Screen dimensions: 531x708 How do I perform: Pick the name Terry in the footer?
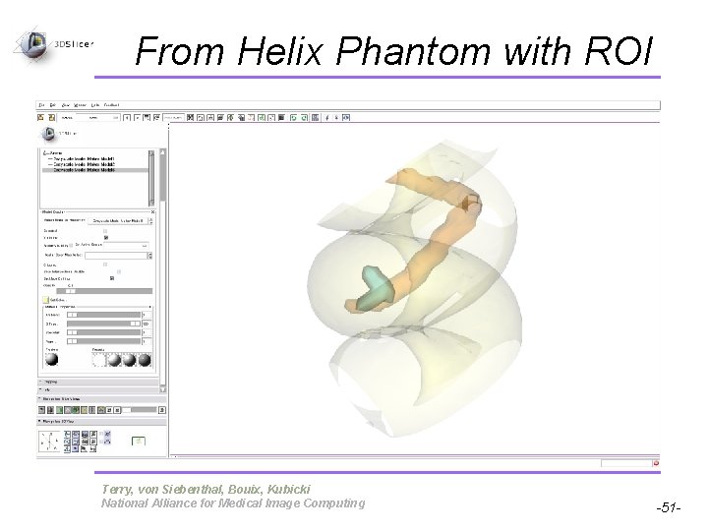point(118,489)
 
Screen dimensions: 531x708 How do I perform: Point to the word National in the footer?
point(127,503)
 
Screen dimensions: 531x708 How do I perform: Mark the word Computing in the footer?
point(334,503)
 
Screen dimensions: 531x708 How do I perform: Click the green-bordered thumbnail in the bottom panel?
point(140,442)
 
